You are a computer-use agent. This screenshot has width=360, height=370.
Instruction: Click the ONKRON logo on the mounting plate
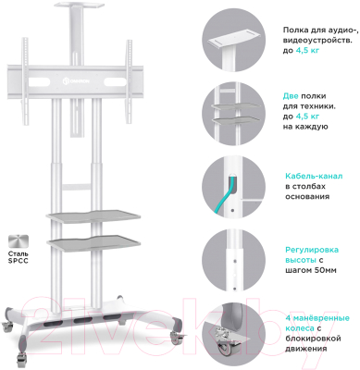tap(76, 81)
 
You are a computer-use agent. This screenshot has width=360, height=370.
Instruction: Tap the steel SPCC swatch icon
tap(19, 241)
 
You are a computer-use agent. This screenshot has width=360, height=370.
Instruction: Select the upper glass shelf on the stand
tap(89, 216)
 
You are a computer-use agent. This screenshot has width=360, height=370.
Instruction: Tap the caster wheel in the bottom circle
tap(226, 348)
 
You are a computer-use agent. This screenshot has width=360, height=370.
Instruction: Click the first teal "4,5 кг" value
tap(307, 50)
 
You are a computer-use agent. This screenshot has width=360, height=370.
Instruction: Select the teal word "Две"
tap(291, 96)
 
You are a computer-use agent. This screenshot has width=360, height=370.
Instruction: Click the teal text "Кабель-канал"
tap(314, 177)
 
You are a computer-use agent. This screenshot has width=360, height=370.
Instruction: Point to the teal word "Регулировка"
tap(312, 250)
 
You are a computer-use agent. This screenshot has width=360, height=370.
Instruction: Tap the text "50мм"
tap(325, 270)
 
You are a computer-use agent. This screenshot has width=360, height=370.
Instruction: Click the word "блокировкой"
tap(313, 339)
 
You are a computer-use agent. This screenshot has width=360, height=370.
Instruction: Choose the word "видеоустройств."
tap(317, 41)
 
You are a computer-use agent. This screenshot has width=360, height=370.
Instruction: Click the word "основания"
tap(307, 196)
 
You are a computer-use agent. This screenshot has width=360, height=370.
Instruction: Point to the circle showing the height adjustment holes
tap(233, 260)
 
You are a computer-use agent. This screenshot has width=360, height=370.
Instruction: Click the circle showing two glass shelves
tap(233, 114)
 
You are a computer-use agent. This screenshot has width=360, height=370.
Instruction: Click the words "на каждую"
tap(305, 127)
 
